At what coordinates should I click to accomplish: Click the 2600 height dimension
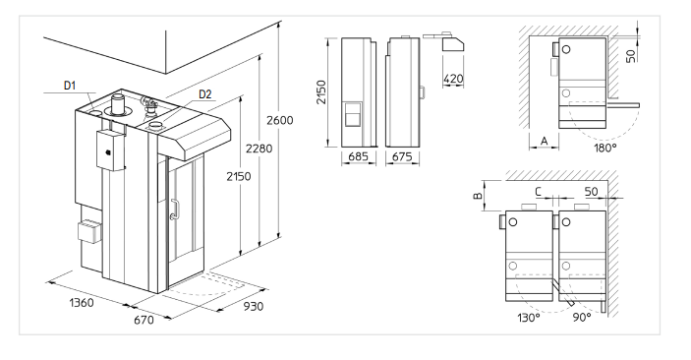tap(279, 120)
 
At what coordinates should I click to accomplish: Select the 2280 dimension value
tap(259, 149)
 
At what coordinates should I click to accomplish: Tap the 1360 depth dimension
tap(82, 303)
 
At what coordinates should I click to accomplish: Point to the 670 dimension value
tap(144, 320)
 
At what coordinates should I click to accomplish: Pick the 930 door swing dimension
tap(254, 306)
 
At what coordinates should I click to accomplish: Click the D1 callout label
tap(70, 86)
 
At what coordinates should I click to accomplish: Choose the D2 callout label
tap(204, 94)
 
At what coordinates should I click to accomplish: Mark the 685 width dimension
tap(359, 156)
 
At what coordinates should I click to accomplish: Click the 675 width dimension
tap(402, 156)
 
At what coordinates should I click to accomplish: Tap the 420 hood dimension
tap(453, 79)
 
